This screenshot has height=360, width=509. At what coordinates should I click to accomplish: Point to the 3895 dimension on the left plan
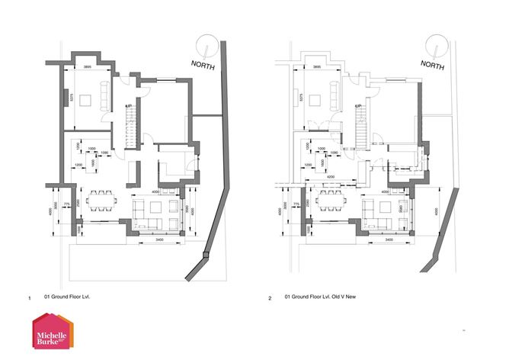pos(88,67)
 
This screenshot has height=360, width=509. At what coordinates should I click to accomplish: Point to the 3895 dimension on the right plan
pos(316,67)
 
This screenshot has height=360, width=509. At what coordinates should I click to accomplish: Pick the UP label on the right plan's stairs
pos(358,105)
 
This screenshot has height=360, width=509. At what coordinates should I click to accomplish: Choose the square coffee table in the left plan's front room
pos(88,98)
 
